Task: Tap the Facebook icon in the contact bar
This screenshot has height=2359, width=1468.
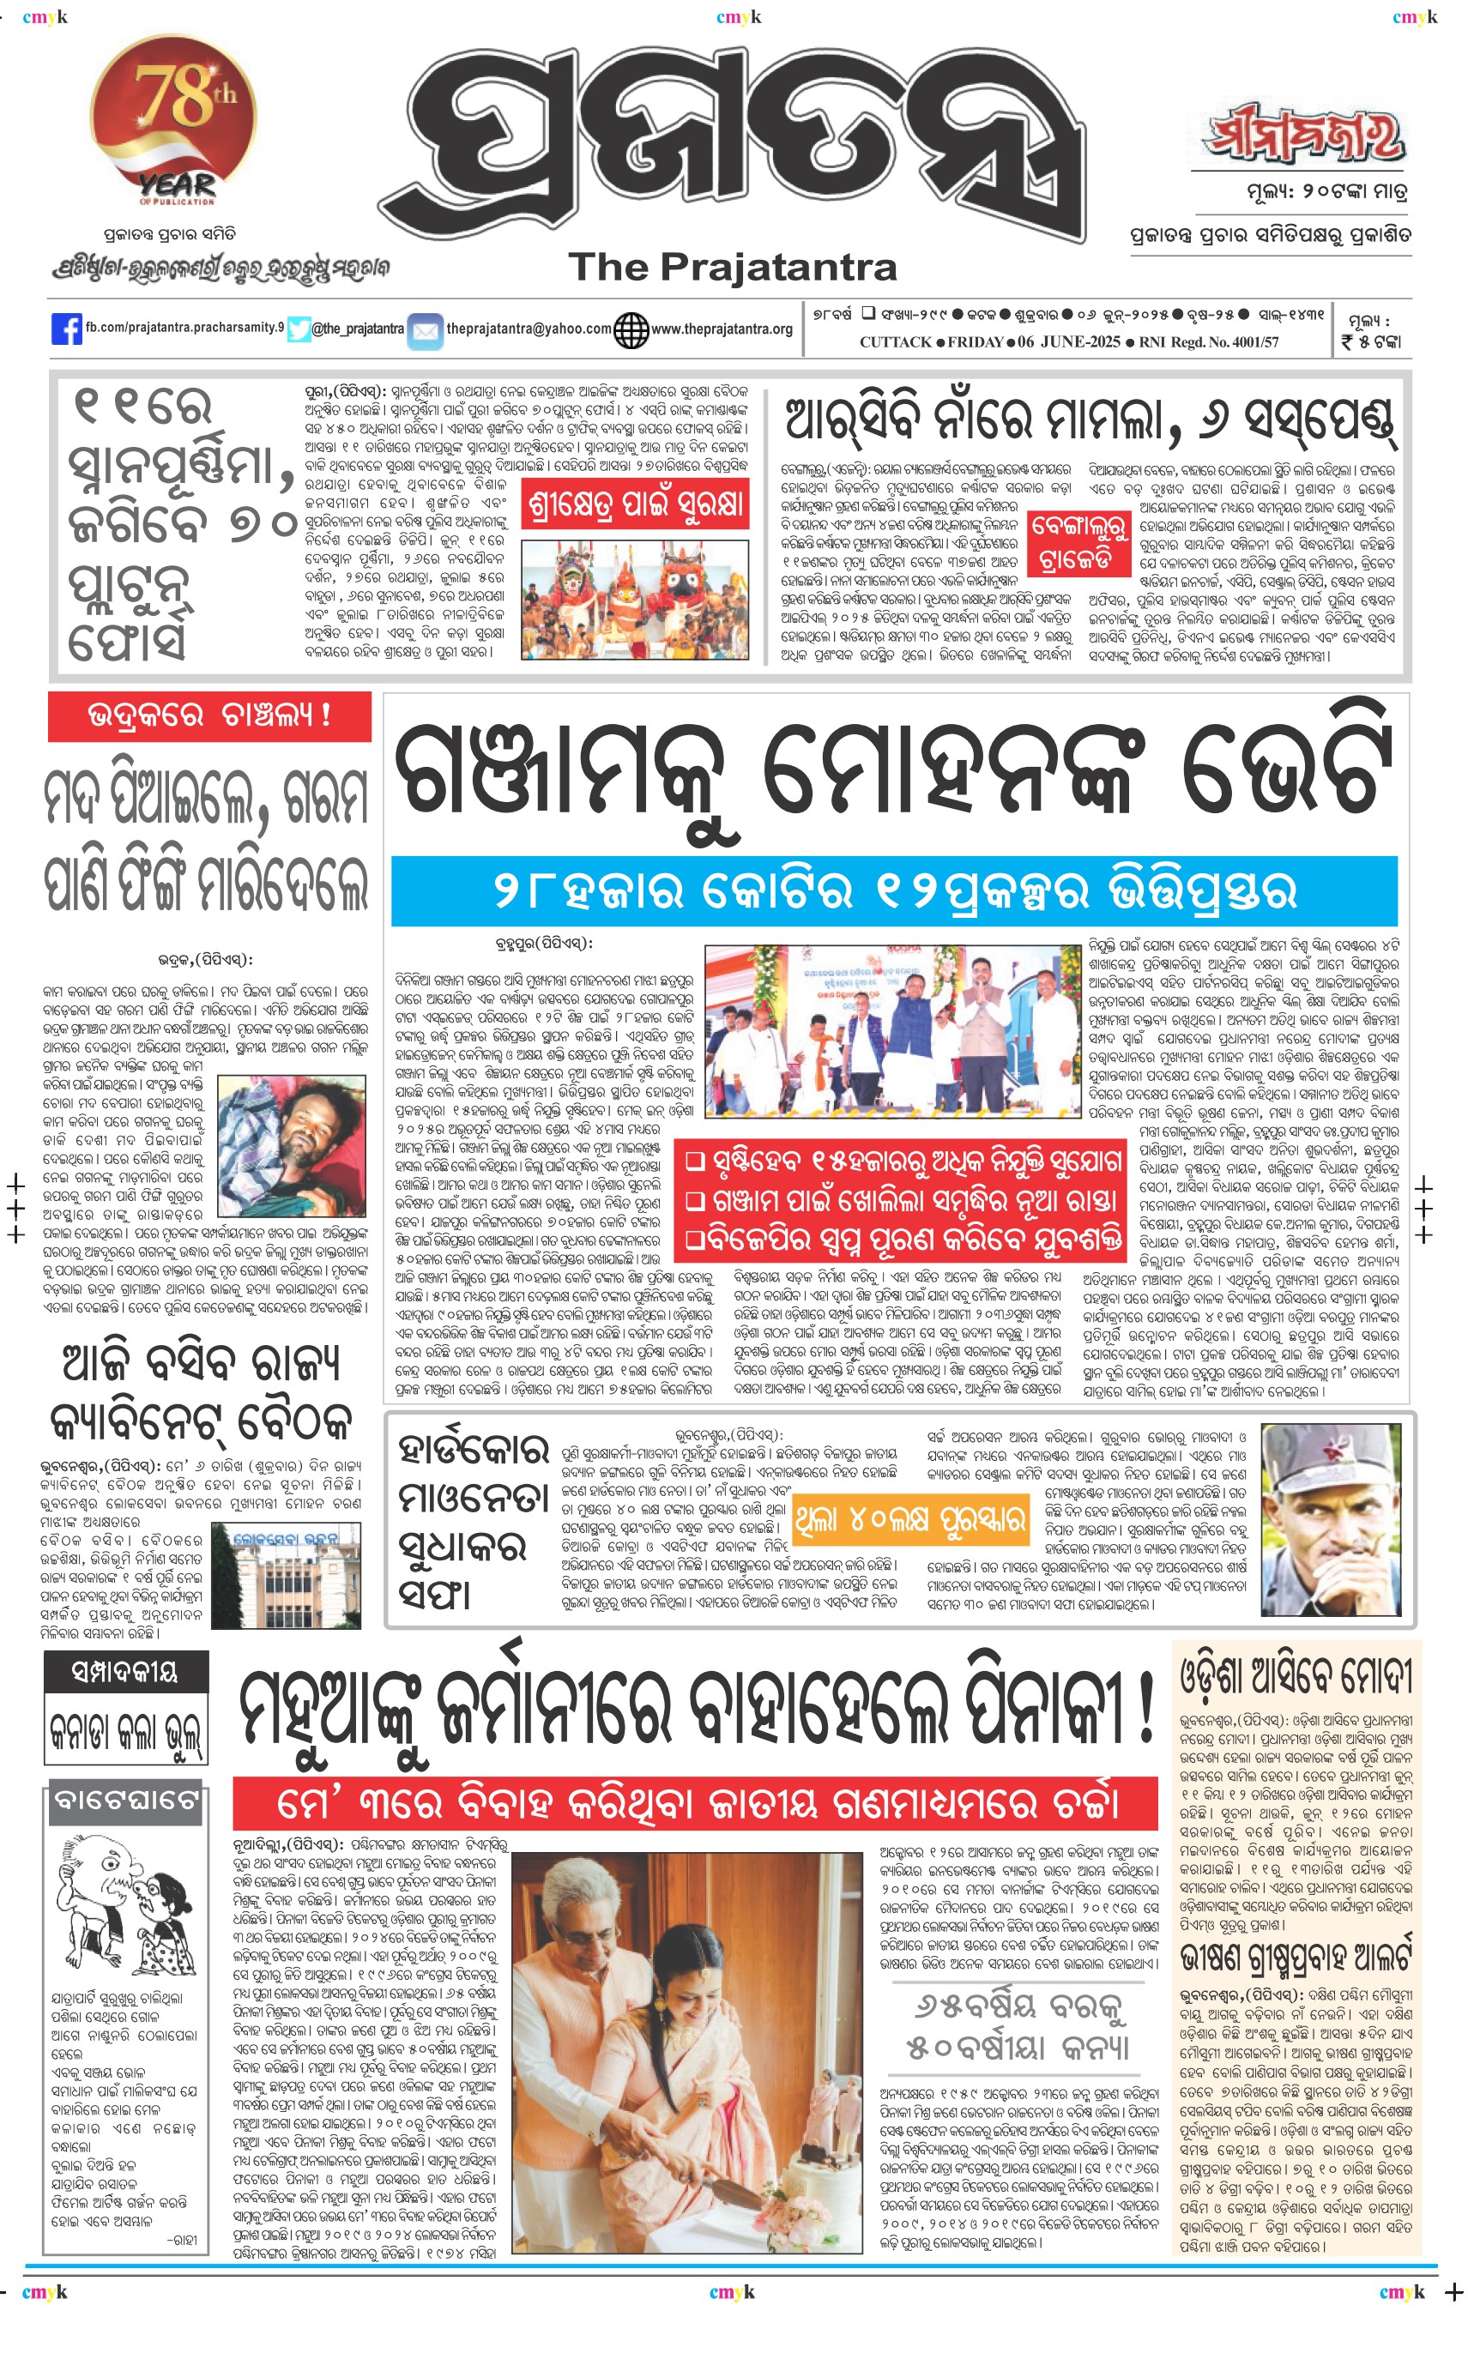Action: pyautogui.click(x=66, y=329)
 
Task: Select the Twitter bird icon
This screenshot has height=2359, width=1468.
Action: pyautogui.click(x=299, y=329)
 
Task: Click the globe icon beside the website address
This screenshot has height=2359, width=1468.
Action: pyautogui.click(x=631, y=330)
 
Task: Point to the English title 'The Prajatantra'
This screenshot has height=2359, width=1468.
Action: pyautogui.click(x=733, y=267)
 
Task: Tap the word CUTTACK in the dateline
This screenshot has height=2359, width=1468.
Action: pyautogui.click(x=895, y=341)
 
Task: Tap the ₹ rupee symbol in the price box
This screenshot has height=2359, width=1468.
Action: pyautogui.click(x=1348, y=341)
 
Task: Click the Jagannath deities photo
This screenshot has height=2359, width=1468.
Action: pyautogui.click(x=635, y=599)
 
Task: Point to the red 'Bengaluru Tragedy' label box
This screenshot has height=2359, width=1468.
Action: pyautogui.click(x=1079, y=543)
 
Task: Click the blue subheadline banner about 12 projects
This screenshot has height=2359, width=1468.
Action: pyautogui.click(x=893, y=890)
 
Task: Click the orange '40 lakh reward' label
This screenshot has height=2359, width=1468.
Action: pyautogui.click(x=909, y=1519)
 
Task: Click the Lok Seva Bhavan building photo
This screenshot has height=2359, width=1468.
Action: pyautogui.click(x=287, y=1575)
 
